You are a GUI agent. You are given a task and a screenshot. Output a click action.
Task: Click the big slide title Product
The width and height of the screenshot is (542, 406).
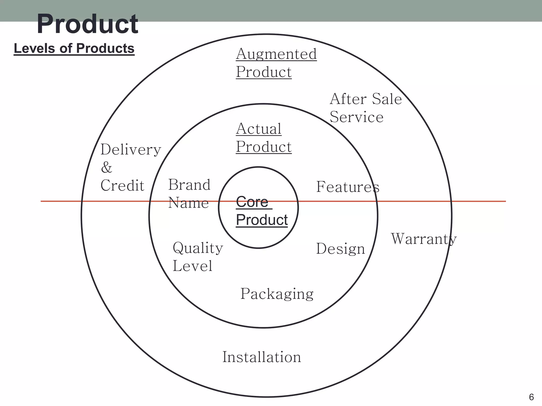pyautogui.click(x=87, y=24)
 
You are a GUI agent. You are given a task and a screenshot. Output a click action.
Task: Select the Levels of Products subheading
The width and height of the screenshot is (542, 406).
pyautogui.click(x=74, y=49)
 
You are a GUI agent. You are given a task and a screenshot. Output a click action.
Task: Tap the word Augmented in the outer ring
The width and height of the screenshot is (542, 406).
pyautogui.click(x=276, y=54)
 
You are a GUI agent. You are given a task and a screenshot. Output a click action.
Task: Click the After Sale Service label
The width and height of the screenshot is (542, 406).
pyautogui.click(x=365, y=108)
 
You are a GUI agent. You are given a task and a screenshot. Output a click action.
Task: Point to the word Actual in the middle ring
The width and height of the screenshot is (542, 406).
pyautogui.click(x=259, y=129)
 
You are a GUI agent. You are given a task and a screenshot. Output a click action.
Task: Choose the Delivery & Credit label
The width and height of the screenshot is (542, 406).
pyautogui.click(x=131, y=167)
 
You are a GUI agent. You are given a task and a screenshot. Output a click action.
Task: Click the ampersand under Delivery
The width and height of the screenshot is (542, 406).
pyautogui.click(x=107, y=167)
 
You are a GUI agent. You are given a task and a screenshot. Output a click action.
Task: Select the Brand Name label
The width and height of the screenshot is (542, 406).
pyautogui.click(x=189, y=194)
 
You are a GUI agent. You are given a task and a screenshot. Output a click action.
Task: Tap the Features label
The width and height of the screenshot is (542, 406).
pyautogui.click(x=348, y=187)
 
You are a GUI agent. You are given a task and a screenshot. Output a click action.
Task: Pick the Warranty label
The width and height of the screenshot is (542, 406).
pyautogui.click(x=424, y=239)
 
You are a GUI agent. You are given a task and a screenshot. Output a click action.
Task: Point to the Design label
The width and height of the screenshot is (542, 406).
pyautogui.click(x=341, y=249)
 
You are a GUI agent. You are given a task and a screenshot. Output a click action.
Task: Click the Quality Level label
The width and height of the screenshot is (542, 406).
pyautogui.click(x=198, y=257)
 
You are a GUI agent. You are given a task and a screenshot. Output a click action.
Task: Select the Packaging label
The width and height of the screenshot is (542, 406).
pyautogui.click(x=277, y=294)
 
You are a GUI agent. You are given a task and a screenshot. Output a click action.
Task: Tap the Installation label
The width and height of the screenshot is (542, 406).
pyautogui.click(x=262, y=357)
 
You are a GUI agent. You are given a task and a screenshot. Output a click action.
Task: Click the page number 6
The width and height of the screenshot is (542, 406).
pyautogui.click(x=531, y=397)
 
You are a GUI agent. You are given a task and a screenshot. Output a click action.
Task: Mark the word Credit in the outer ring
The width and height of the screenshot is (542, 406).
pyautogui.click(x=122, y=185)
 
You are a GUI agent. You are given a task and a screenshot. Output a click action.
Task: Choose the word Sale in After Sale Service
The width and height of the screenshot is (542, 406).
pyautogui.click(x=387, y=99)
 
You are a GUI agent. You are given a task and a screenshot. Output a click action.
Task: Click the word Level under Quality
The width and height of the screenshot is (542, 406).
pyautogui.click(x=192, y=266)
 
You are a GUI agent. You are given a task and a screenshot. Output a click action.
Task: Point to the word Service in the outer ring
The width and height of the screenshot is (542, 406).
pyautogui.click(x=356, y=117)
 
